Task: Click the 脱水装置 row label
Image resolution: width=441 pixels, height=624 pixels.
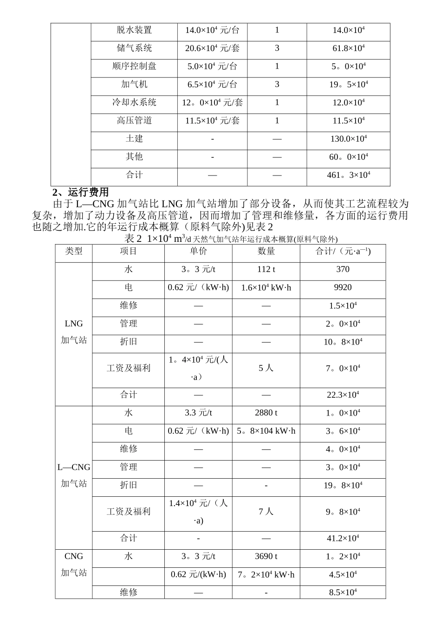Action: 134,30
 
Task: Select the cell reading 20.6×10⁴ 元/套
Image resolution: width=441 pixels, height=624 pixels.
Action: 212,48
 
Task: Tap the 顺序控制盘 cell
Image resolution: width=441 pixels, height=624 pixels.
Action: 134,66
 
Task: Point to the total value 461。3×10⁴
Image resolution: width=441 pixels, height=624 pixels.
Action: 348,175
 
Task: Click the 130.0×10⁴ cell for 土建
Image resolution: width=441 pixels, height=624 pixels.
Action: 348,139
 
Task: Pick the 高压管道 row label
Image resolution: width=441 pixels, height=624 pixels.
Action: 134,121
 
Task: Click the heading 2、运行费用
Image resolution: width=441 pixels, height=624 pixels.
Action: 81,192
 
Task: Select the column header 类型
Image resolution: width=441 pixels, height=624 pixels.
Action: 74,251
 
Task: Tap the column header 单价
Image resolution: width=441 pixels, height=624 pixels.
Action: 198,251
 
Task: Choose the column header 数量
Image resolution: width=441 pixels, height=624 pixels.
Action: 266,251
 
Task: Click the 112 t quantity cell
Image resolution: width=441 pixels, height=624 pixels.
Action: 266,269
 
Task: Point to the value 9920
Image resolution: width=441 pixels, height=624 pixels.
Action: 343,287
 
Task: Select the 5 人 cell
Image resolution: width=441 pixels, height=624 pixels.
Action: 266,368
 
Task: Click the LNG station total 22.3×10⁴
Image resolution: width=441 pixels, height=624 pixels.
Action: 343,395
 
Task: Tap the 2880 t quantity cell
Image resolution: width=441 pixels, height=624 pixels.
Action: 266,413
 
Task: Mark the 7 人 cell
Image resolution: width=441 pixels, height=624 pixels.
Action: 266,512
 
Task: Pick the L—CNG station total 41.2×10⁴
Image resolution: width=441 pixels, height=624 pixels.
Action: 343,539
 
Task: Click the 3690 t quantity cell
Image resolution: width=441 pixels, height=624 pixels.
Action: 266,556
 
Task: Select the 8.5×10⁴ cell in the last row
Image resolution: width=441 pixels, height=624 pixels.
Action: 343,592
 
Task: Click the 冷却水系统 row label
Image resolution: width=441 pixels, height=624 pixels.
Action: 134,103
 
